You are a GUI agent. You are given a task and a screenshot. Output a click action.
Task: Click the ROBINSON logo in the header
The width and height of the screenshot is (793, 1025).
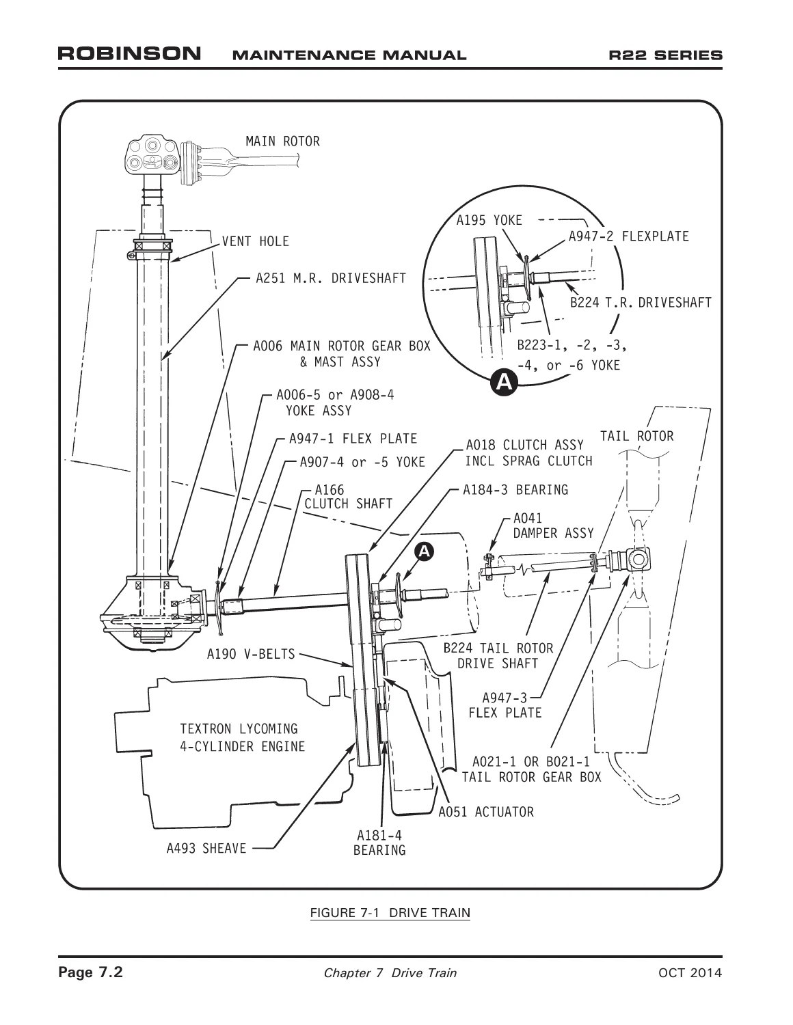130,53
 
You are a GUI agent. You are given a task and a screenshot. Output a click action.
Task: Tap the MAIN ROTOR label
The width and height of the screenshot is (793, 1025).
282,141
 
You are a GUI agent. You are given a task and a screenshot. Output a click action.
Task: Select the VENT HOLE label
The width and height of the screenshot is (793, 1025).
255,241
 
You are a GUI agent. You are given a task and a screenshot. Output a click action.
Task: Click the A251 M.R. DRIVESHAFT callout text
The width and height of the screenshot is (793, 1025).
331,278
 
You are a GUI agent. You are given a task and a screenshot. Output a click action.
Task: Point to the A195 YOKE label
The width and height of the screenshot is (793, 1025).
489,220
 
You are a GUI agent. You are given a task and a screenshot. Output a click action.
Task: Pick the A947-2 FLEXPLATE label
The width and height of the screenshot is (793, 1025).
628,236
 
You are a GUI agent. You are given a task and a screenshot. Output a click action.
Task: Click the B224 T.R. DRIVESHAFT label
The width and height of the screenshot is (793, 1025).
641,302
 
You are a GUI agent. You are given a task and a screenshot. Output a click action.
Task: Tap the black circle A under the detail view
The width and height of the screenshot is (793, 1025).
504,382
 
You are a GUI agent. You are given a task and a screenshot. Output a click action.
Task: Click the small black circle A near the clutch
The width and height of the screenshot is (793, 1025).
424,551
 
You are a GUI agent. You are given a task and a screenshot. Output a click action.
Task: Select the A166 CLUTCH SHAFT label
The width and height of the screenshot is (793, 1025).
348,497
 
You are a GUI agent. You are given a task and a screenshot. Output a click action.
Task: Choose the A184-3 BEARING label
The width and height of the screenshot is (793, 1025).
515,490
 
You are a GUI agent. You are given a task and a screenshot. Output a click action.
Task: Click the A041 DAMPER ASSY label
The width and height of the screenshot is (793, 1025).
553,526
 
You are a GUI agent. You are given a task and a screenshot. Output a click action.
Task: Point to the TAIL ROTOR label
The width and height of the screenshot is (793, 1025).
637,436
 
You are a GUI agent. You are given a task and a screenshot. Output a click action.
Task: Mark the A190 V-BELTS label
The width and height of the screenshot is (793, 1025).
251,654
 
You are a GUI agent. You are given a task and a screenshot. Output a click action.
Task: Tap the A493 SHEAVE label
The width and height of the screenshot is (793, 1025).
206,849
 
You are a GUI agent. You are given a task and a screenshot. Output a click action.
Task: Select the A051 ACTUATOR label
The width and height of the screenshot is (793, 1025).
486,812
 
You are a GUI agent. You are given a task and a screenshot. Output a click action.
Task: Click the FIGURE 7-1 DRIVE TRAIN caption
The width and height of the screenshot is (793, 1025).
390,913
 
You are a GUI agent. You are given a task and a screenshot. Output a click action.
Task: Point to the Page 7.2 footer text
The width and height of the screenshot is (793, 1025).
90,972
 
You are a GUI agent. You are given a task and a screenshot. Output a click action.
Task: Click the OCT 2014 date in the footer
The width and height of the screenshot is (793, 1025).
690,972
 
